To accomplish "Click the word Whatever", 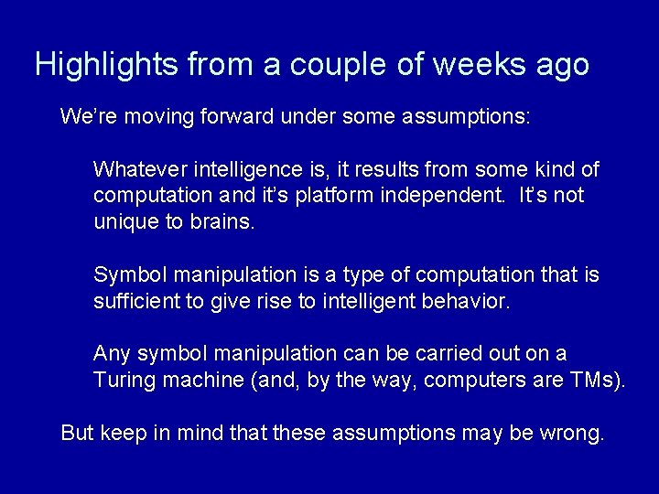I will click(138, 170).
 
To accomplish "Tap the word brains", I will click(219, 222).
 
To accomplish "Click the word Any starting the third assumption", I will click(113, 354).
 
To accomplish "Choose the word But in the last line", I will click(77, 433).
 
